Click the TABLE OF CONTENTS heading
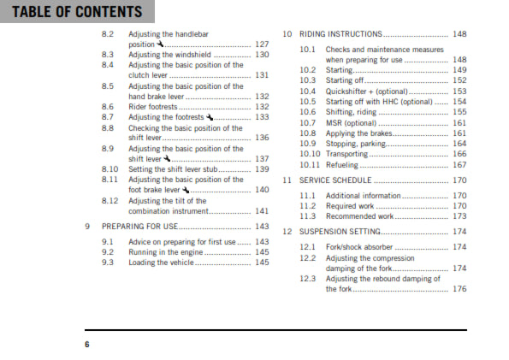point(76,12)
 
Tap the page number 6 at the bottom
point(86,344)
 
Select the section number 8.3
point(107,54)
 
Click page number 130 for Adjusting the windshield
point(262,54)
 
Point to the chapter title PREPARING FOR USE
point(139,227)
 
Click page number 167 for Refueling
point(459,165)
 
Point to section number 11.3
point(308,216)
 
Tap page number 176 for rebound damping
point(459,289)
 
